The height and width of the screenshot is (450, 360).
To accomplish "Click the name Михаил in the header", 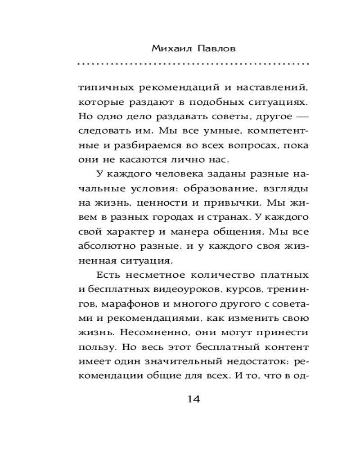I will pyautogui.click(x=167, y=48).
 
